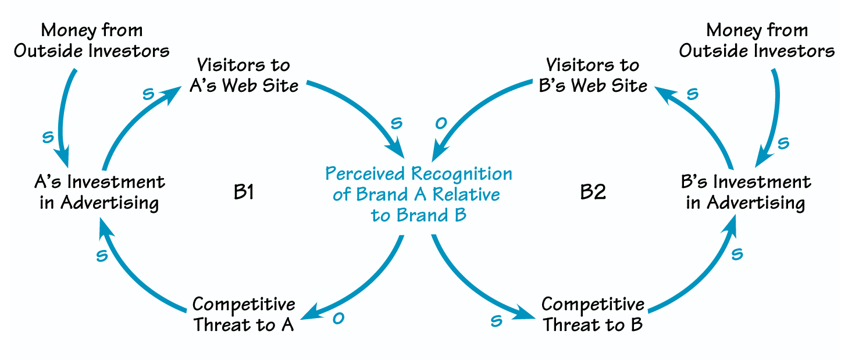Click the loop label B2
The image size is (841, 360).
(x=594, y=193)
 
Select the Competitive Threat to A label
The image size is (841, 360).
(x=244, y=315)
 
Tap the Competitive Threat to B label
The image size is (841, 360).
(x=593, y=315)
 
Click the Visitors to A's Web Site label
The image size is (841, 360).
(x=244, y=75)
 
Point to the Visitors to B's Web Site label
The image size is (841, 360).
(x=593, y=75)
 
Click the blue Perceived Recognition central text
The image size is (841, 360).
(x=419, y=194)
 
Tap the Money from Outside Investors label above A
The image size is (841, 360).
(x=92, y=40)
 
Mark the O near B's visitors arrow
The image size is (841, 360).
(x=441, y=123)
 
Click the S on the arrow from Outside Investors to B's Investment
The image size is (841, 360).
(x=783, y=142)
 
